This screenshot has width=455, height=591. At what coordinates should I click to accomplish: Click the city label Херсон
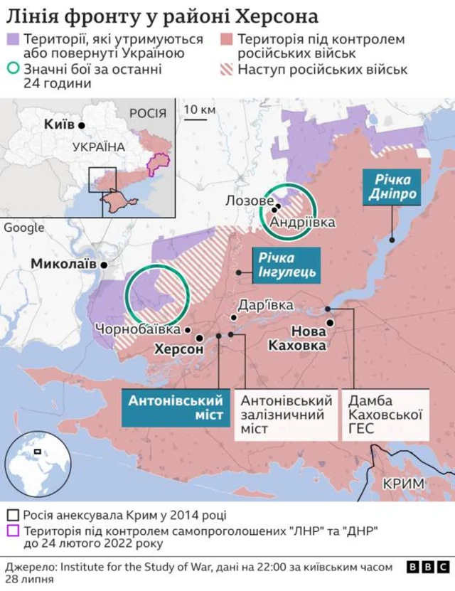tap(178, 350)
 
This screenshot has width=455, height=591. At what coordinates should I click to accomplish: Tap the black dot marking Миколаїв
tap(104, 265)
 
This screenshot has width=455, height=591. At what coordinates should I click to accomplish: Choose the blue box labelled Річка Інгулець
tap(287, 265)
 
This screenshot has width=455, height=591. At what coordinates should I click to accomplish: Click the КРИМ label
tap(403, 484)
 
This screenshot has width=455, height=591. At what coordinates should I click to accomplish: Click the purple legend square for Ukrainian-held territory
tap(11, 39)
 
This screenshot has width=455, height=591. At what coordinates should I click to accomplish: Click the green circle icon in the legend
tap(11, 70)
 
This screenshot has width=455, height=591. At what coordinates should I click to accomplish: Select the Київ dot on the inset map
tap(82, 125)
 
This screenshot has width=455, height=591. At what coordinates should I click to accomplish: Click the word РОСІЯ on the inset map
tap(148, 113)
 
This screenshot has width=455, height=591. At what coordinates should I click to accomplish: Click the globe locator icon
tap(28, 464)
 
